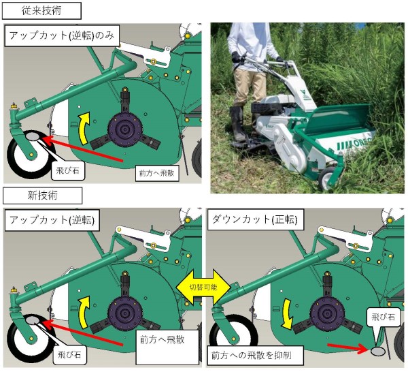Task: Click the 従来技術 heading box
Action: [x=42, y=10]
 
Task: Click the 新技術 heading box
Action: [x=42, y=196]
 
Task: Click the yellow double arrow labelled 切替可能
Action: [x=204, y=287]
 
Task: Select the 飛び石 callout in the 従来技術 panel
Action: [x=66, y=170]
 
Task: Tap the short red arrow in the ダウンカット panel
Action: [x=349, y=348]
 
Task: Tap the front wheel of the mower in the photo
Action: [x=328, y=179]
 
